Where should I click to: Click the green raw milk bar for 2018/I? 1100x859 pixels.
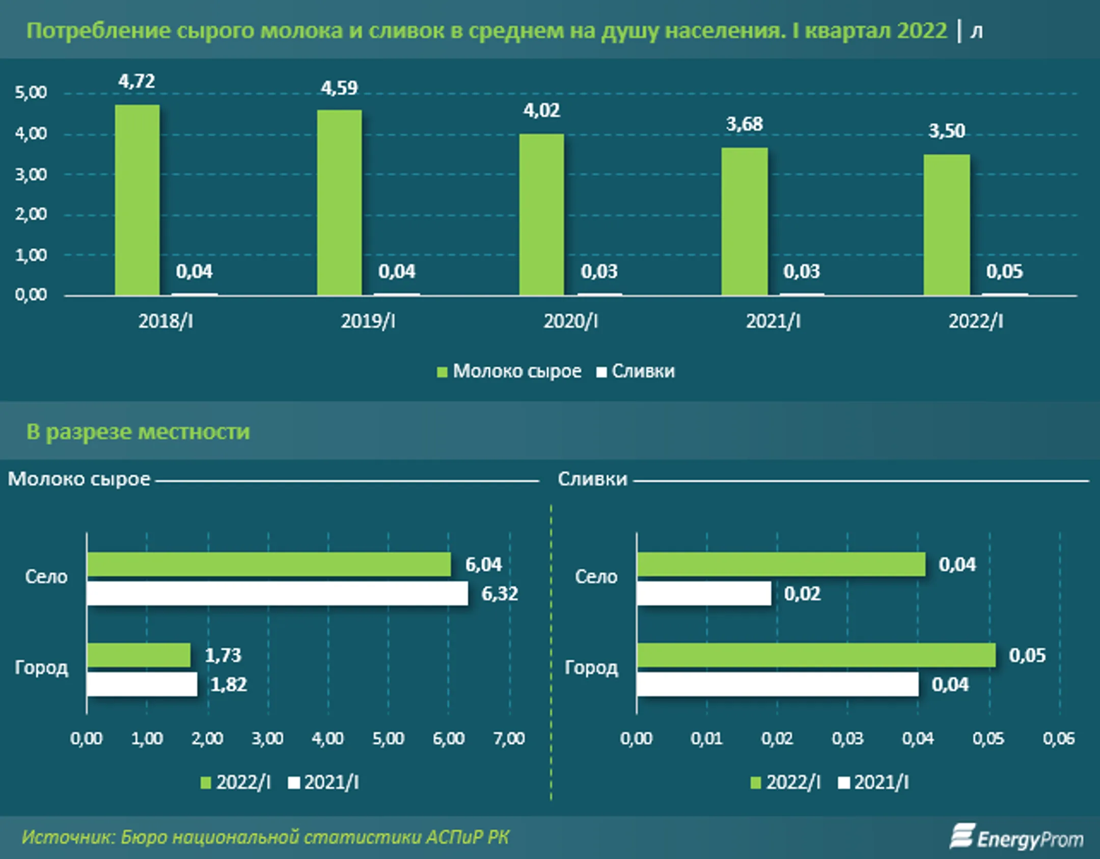pyautogui.click(x=137, y=200)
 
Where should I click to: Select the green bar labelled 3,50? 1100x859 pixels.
pyautogui.click(x=946, y=225)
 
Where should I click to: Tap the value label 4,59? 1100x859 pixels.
pyautogui.click(x=339, y=88)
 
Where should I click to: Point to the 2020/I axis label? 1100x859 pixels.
pyautogui.click(x=570, y=321)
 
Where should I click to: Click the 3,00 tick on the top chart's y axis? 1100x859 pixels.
pyautogui.click(x=31, y=175)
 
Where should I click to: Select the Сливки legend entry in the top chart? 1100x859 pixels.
pyautogui.click(x=636, y=371)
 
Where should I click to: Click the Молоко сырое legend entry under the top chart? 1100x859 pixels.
pyautogui.click(x=509, y=371)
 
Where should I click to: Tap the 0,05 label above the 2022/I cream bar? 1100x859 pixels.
pyautogui.click(x=1004, y=272)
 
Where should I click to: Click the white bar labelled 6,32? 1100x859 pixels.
pyautogui.click(x=277, y=594)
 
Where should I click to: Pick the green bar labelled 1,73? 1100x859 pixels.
pyautogui.click(x=139, y=655)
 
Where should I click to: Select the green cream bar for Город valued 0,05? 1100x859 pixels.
pyautogui.click(x=816, y=655)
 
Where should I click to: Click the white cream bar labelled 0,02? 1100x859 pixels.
pyautogui.click(x=704, y=594)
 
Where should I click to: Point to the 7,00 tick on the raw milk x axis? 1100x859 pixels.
pyautogui.click(x=509, y=739)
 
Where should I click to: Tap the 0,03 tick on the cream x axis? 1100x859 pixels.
pyautogui.click(x=847, y=739)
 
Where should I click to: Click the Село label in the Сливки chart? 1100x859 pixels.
pyautogui.click(x=596, y=577)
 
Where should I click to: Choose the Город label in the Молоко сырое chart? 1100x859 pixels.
pyautogui.click(x=41, y=667)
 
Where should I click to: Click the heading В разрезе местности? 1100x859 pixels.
pyautogui.click(x=138, y=432)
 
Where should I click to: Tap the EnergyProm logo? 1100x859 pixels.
pyautogui.click(x=1016, y=838)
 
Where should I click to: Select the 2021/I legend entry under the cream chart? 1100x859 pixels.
pyautogui.click(x=874, y=783)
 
